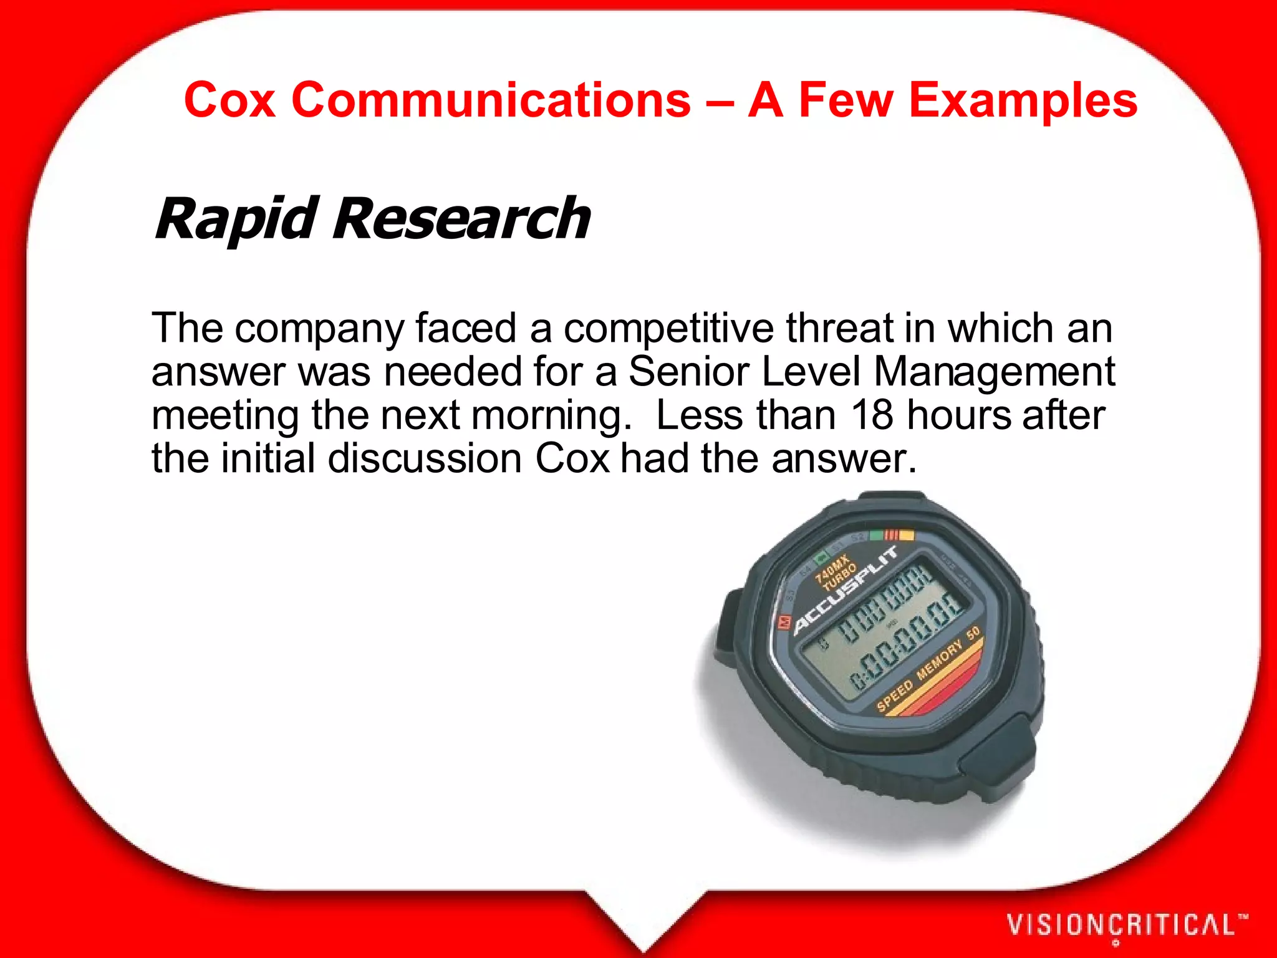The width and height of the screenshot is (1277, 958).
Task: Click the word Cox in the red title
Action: [x=229, y=100]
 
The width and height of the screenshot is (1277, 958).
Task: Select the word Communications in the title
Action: [x=491, y=100]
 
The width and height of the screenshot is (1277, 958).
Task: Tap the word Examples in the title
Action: [x=1023, y=100]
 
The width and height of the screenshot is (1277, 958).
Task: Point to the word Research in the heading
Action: [x=461, y=219]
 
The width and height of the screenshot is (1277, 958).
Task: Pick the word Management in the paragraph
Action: [x=994, y=372]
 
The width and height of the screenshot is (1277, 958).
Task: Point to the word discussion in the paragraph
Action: [x=425, y=458]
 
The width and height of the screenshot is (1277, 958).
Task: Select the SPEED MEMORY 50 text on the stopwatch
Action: [x=929, y=670]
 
